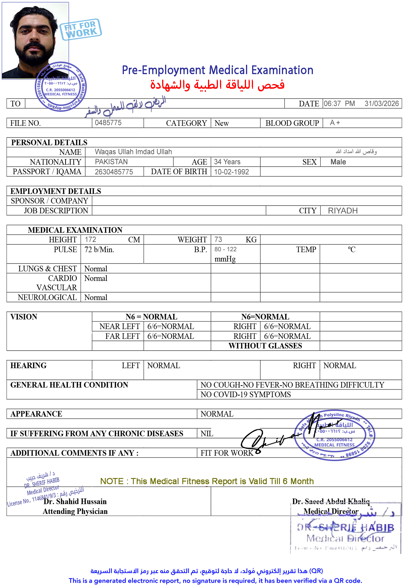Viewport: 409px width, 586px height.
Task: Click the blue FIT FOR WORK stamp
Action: (x=81, y=29)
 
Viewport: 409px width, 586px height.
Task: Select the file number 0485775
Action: (x=108, y=123)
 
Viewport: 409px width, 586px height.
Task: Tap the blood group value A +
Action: (x=335, y=123)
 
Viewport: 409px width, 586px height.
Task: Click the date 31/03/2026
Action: (x=382, y=104)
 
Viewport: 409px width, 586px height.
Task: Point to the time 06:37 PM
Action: (x=339, y=104)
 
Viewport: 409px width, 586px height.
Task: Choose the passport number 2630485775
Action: (x=114, y=172)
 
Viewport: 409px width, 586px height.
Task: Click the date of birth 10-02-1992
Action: (x=231, y=172)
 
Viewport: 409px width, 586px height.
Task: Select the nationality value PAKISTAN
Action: (x=111, y=162)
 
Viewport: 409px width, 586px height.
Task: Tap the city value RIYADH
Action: (x=343, y=211)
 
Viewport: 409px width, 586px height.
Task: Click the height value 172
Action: (x=91, y=240)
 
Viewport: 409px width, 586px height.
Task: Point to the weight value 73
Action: (x=218, y=240)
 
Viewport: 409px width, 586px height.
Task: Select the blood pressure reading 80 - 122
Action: (x=226, y=249)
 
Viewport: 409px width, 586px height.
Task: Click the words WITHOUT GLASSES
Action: (x=265, y=346)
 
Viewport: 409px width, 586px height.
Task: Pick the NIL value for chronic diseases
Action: (x=207, y=434)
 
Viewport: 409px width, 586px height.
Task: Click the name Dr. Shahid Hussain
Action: (x=75, y=501)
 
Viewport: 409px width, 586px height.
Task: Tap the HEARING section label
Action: (x=29, y=365)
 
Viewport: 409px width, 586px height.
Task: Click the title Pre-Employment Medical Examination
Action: (x=217, y=70)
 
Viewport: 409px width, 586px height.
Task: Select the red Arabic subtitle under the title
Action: (x=217, y=85)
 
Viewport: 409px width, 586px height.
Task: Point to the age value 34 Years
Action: (x=227, y=162)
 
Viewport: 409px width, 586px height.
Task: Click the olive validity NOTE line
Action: (x=207, y=481)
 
